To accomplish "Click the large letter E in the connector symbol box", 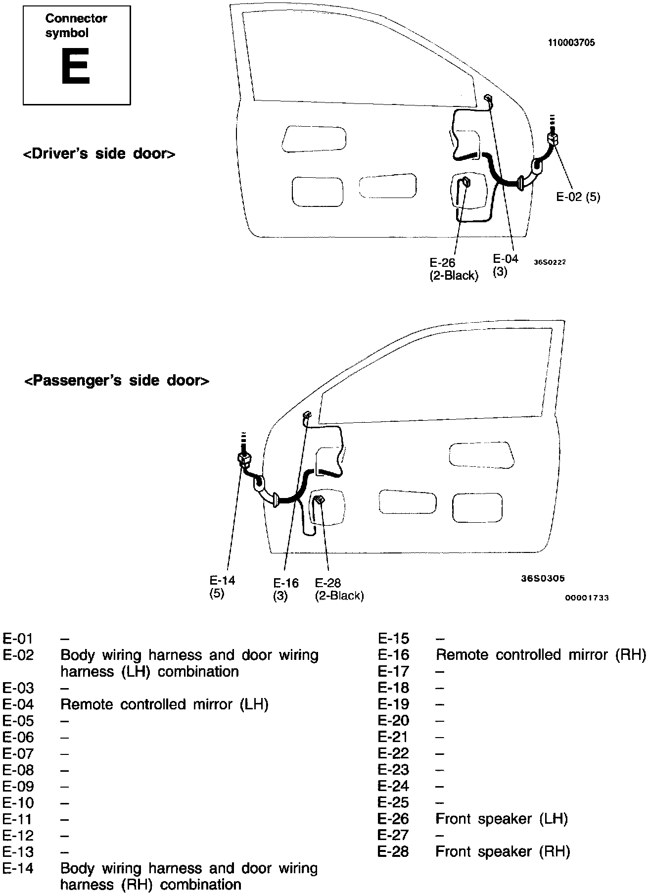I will point(75,66).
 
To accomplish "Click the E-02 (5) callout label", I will point(578,197).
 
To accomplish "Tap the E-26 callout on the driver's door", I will point(454,269).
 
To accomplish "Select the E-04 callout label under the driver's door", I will point(505,265).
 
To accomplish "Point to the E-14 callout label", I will point(222,587).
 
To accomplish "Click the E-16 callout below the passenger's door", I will point(286,589).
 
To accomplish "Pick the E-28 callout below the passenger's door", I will point(339,589).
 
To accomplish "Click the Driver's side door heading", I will point(99,154).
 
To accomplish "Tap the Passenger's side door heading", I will point(117,381).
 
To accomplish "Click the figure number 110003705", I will point(571,43).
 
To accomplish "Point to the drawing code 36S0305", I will point(543,578).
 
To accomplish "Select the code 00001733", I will point(587,598).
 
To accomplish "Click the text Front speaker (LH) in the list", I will point(501,819).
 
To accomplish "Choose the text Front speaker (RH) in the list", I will point(503,851).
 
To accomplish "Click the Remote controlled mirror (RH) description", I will point(541,655).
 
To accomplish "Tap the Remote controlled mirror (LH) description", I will point(164,704).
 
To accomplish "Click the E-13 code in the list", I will point(18,852).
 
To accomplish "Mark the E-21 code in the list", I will point(393,737).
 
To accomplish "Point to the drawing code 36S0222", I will point(549,262).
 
